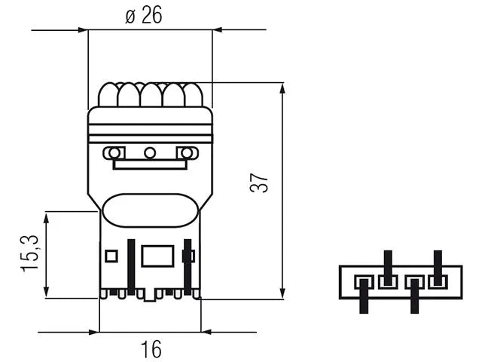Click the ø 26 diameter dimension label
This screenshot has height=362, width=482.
pos(144,16)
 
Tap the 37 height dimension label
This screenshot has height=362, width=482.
pos(259,183)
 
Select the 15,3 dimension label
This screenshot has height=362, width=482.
pos(30,253)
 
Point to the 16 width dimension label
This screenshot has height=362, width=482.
pos(151,349)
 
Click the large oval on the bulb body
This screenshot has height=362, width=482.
pos(149,211)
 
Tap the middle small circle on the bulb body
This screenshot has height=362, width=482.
pos(150,152)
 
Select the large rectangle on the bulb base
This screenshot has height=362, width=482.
pos(157,256)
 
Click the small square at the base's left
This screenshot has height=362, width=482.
pos(111,256)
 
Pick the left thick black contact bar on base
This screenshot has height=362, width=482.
pos(131,267)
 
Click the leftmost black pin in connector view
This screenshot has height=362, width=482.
pos(364,296)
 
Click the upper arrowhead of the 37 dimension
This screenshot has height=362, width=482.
pos(283,88)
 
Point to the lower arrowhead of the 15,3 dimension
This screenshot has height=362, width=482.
pos(46,292)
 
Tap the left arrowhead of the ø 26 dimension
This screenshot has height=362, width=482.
pos(82,30)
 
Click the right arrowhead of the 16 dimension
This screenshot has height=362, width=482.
pos(206,332)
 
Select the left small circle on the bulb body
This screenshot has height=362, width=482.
pos(114,152)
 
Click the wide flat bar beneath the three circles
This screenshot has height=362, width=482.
pos(150,164)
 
